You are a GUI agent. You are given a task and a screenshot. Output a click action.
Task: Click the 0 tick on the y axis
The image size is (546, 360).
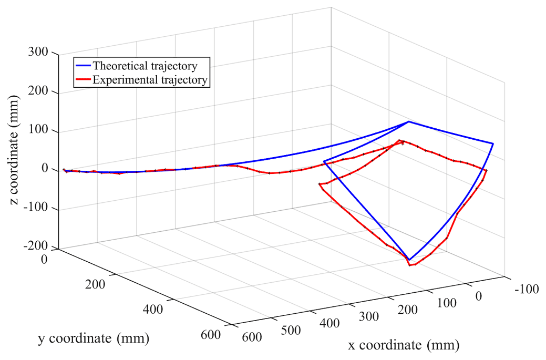(x=44, y=258)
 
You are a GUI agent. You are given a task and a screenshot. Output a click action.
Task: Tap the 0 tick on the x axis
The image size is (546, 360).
(x=478, y=296)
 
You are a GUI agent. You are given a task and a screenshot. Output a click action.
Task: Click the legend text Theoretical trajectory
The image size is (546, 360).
(x=145, y=67)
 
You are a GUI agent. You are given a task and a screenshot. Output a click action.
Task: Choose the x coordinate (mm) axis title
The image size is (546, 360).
(x=404, y=345)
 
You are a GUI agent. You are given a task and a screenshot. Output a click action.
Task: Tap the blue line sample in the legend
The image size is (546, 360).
(x=83, y=67)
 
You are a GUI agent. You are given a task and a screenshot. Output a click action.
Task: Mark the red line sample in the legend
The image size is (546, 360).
(x=83, y=80)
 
